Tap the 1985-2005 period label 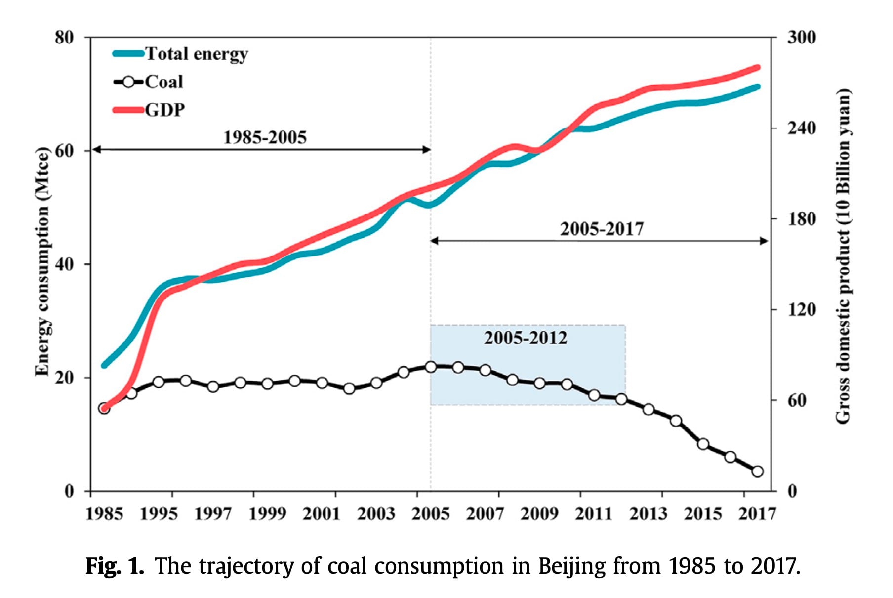(x=265, y=137)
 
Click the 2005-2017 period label (x=602, y=229)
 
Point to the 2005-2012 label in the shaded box (x=526, y=338)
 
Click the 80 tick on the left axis (x=64, y=37)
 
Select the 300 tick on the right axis (x=801, y=37)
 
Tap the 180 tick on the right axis (x=801, y=218)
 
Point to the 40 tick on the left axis (x=64, y=264)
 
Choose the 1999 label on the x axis (x=267, y=514)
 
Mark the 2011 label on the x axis (x=594, y=514)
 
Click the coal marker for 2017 (x=757, y=471)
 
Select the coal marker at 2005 (x=431, y=367)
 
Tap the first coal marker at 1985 (x=104, y=408)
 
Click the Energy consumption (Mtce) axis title (x=42, y=261)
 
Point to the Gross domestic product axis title (x=843, y=256)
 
